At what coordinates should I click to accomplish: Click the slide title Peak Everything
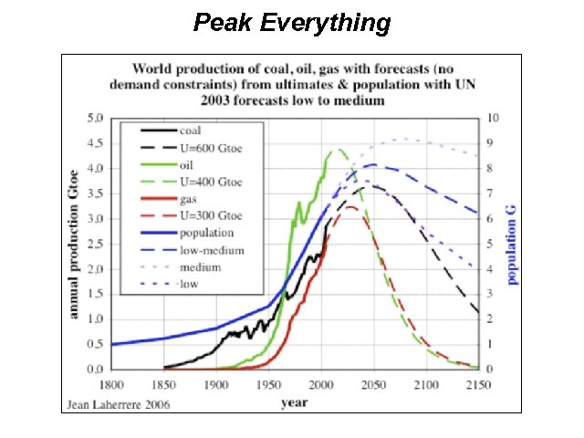[x=292, y=22]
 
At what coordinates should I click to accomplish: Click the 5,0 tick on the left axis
[x=96, y=119]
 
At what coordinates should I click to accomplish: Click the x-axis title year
[x=294, y=401]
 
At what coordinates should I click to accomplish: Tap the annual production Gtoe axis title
[x=74, y=244]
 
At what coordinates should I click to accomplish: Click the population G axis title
[x=514, y=244]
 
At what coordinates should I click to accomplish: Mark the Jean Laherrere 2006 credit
[x=117, y=402]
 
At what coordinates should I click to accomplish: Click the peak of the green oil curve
[x=339, y=150]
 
